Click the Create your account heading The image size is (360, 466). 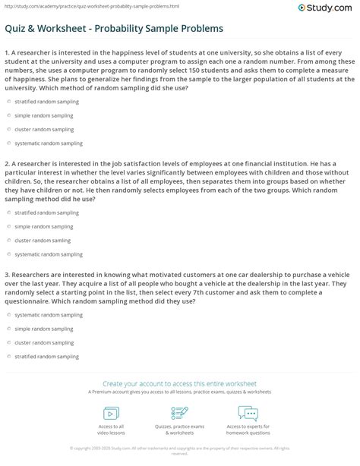pos(180,384)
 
